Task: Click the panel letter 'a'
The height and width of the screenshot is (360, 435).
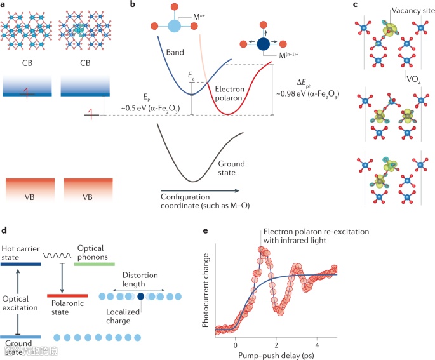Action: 5,4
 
